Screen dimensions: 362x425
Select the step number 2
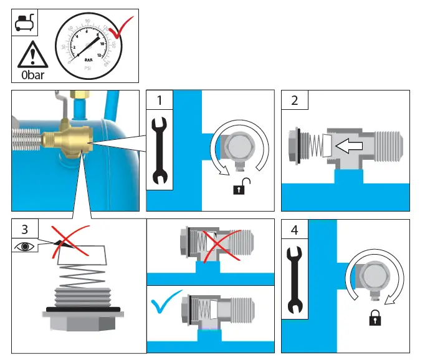click(x=294, y=100)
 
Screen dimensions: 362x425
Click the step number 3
click(x=24, y=229)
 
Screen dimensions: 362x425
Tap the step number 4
click(x=294, y=230)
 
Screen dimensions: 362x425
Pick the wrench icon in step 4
click(x=294, y=281)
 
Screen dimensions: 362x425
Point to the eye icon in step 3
click(x=25, y=247)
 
